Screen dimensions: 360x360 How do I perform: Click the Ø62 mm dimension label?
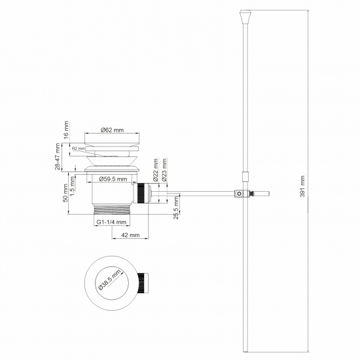pyautogui.click(x=113, y=131)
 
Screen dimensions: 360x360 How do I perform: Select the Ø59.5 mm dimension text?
pyautogui.click(x=113, y=178)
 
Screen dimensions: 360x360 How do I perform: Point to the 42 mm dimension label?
pyautogui.click(x=130, y=234)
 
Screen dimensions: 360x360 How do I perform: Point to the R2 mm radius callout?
pyautogui.click(x=79, y=149)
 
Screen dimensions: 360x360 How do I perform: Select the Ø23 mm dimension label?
pyautogui.click(x=165, y=169)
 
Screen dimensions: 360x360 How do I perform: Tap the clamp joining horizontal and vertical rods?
pyautogui.click(x=242, y=193)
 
